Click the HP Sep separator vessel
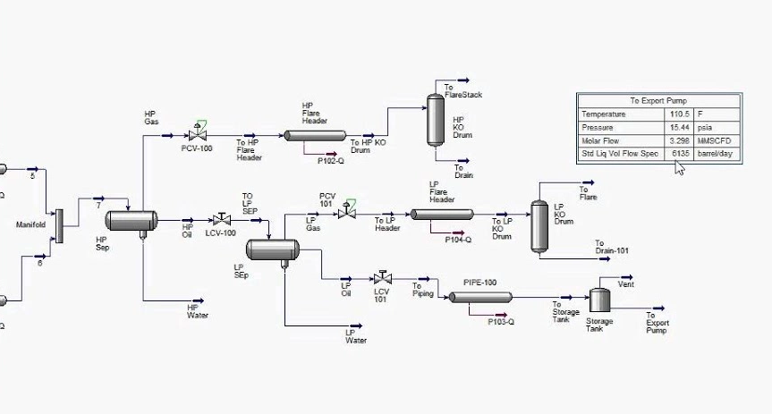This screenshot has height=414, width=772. [131, 221]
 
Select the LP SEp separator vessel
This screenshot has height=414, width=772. [272, 249]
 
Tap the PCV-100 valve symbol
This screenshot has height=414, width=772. [198, 133]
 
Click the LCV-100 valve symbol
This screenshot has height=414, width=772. [222, 220]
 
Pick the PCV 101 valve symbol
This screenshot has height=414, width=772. [347, 212]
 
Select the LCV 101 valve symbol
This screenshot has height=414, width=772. [383, 278]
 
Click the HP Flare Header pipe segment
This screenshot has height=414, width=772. [315, 136]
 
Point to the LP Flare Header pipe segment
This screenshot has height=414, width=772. [442, 214]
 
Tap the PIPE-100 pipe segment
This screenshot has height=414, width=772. [480, 298]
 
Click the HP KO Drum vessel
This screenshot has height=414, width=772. [436, 120]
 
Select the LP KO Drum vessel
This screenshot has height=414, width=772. [539, 226]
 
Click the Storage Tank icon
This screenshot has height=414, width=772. [599, 300]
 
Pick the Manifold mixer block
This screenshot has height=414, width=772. [60, 226]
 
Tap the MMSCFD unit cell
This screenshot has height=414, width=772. [714, 140]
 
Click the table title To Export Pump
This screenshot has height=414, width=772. [658, 101]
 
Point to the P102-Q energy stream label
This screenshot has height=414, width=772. [331, 161]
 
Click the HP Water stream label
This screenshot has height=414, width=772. [198, 311]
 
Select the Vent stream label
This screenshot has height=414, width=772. [626, 284]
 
